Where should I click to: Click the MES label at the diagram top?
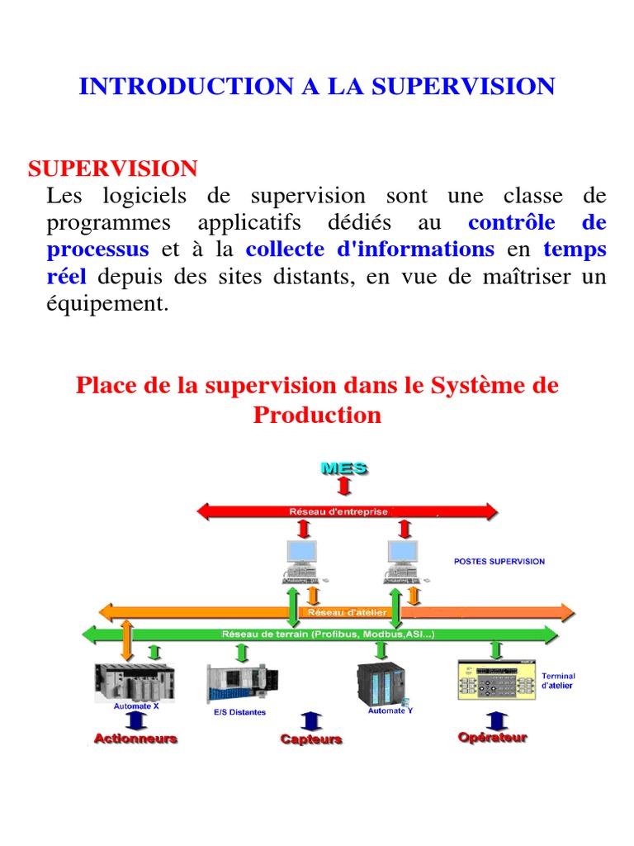tap(343, 468)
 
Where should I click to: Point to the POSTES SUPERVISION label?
tap(499, 561)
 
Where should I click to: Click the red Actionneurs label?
tap(135, 739)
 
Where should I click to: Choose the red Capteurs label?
tap(311, 739)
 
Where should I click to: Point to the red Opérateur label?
tap(492, 738)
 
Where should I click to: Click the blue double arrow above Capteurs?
tap(310, 720)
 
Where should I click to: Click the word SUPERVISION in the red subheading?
tap(113, 169)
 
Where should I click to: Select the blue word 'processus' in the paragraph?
tap(98, 249)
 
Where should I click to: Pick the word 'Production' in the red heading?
tap(317, 415)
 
